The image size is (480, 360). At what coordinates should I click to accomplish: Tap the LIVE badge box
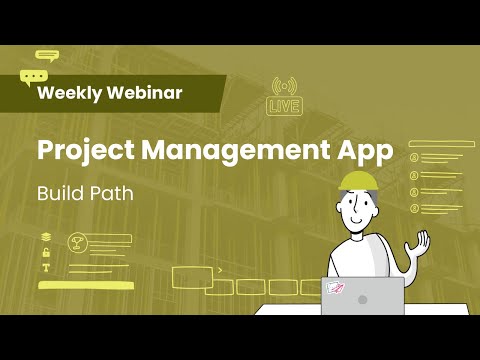pos(285,106)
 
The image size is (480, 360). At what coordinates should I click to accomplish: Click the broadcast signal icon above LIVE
pos(285,85)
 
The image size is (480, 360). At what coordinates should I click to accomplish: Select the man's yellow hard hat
pos(358,179)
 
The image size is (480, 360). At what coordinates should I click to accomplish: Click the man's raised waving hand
pos(421,243)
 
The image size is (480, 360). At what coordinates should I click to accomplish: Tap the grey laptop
pos(362,296)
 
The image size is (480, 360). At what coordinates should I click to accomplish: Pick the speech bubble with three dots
pos(33,76)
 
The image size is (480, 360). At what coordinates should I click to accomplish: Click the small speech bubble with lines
pos(46,56)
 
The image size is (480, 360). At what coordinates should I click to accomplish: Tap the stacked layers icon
pos(46,237)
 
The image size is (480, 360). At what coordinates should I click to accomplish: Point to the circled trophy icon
pos(75,242)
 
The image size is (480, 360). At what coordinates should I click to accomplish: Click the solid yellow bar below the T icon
pos(86,286)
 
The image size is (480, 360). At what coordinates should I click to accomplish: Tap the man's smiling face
pos(357,207)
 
